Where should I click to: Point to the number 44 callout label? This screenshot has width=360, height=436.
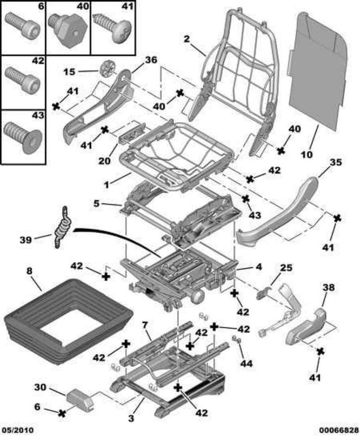click(246, 364)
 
